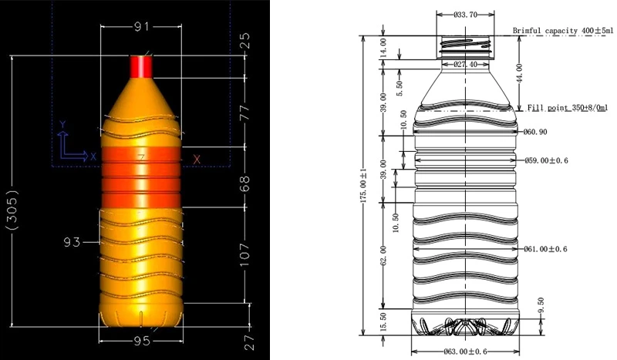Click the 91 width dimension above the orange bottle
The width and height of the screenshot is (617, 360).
141,27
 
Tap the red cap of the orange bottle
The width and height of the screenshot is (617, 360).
141,66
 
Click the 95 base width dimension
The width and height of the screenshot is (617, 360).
141,339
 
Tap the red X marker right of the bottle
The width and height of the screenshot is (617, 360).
197,159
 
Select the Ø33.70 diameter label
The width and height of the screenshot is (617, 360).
465,14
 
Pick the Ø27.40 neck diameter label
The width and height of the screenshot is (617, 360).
464,64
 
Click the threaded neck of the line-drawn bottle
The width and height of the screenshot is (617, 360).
465,47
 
